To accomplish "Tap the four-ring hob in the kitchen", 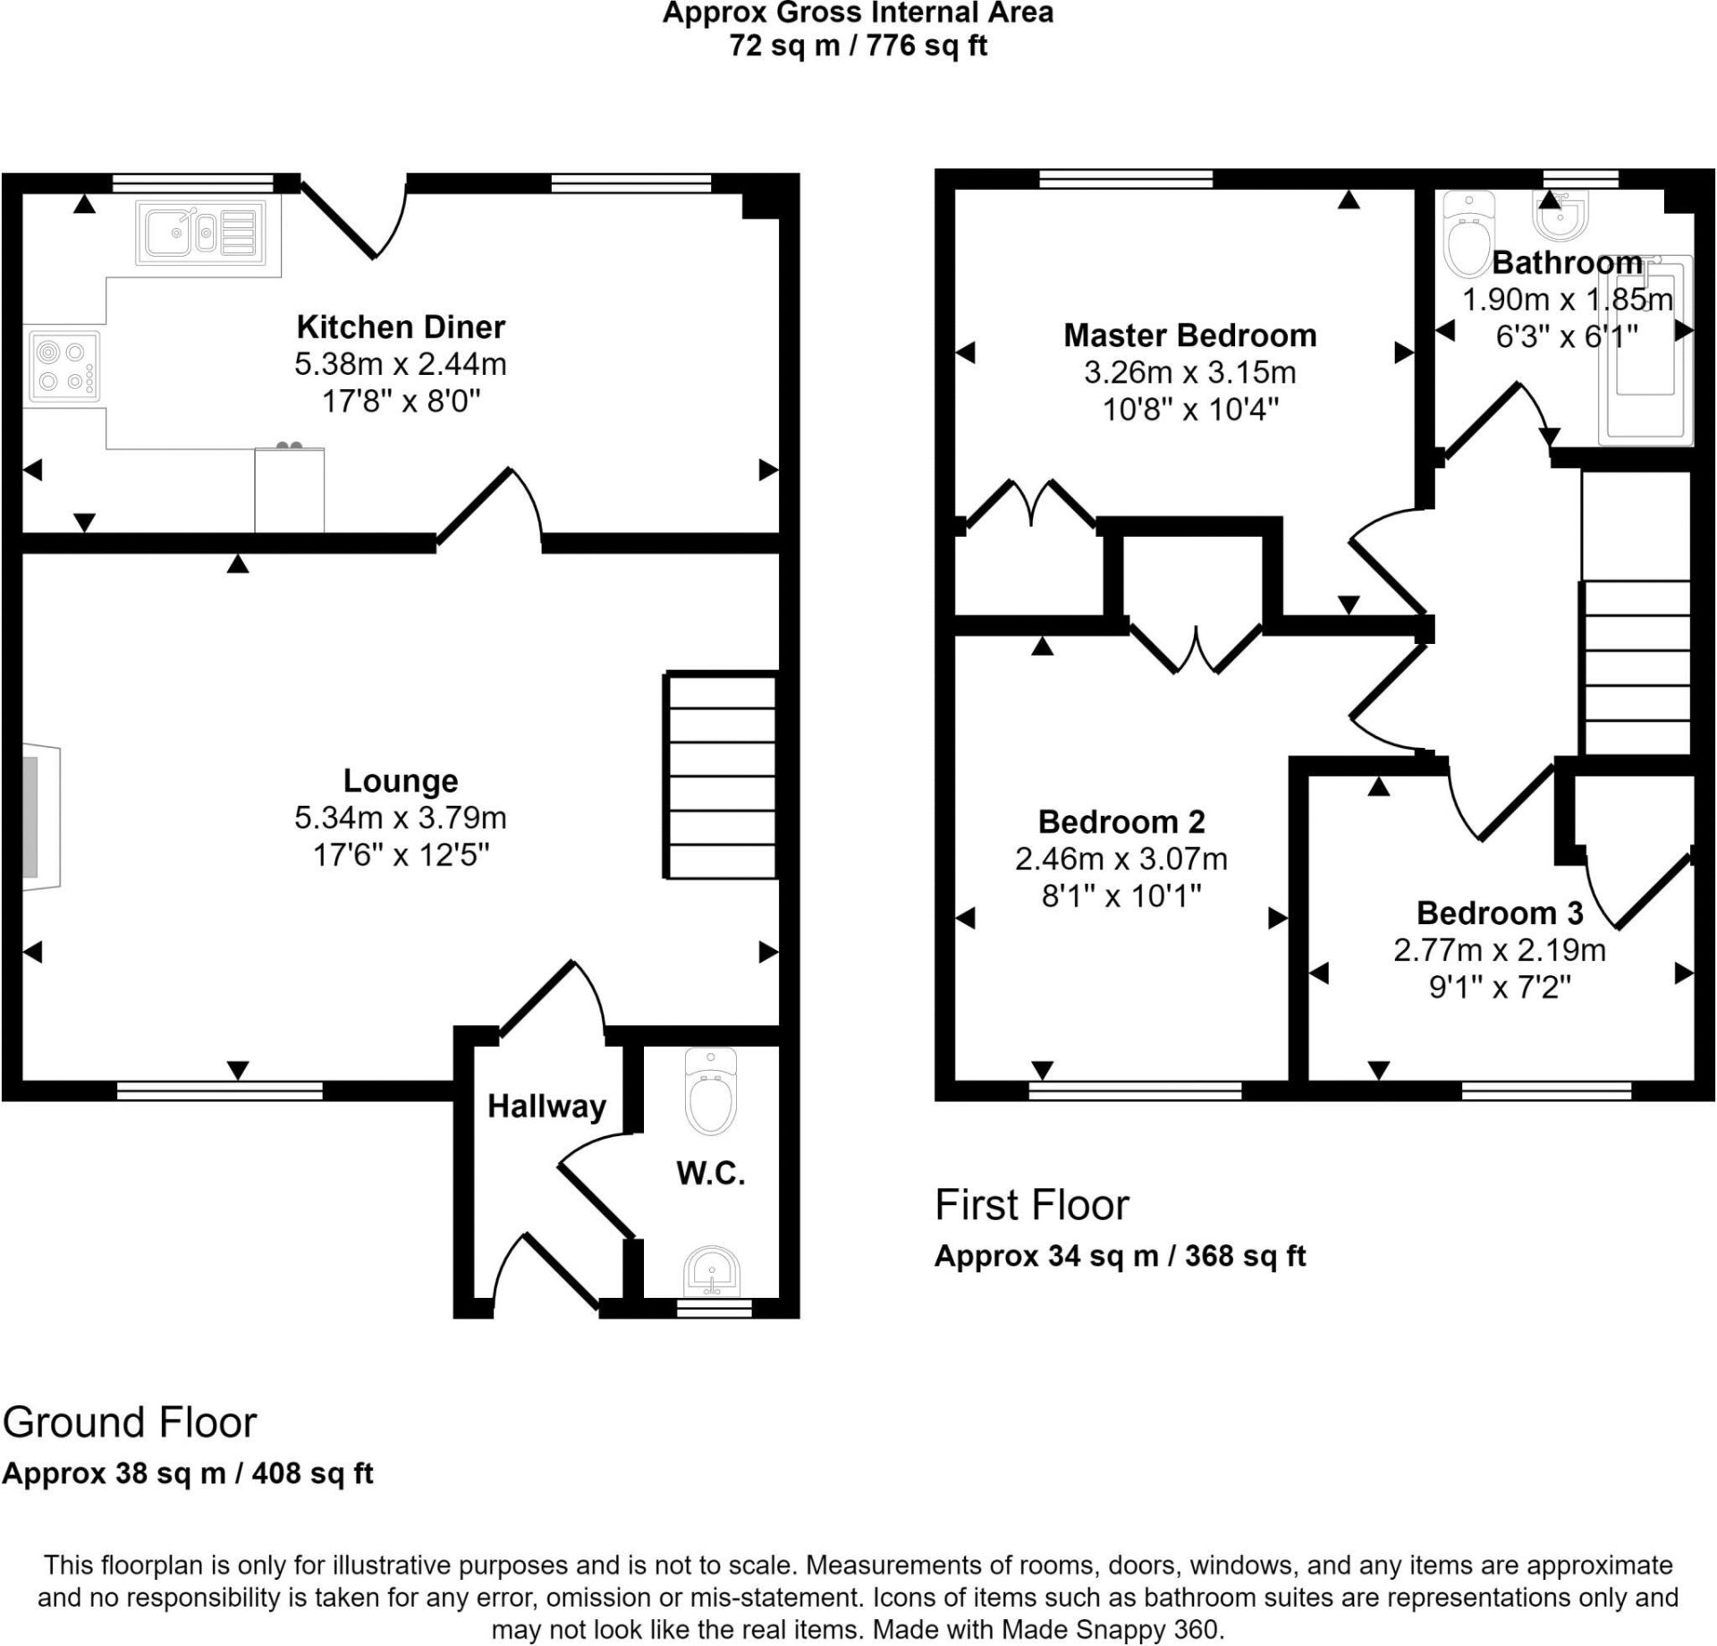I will pos(64,366).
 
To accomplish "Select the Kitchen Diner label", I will pos(400,327).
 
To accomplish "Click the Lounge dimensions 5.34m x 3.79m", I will pos(400,818).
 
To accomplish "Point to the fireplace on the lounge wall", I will pos(40,817).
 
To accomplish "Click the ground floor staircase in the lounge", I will pos(720,776).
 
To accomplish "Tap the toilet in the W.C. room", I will pos(710,1091).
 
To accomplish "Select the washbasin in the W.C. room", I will pos(711,1270).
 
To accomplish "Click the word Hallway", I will pos(546,1107).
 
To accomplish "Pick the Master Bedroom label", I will pos(1189,335).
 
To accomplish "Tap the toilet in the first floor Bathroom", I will pos(1468,237).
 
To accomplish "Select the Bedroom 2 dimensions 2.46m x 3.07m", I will pos(1121,859).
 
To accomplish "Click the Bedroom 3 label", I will pos(1500,912).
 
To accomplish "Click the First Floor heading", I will pos(1031,1205).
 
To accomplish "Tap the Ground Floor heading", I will pos(130,1422).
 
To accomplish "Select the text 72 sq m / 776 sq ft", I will pos(858,45).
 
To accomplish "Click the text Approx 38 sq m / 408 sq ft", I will pos(187,1473).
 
